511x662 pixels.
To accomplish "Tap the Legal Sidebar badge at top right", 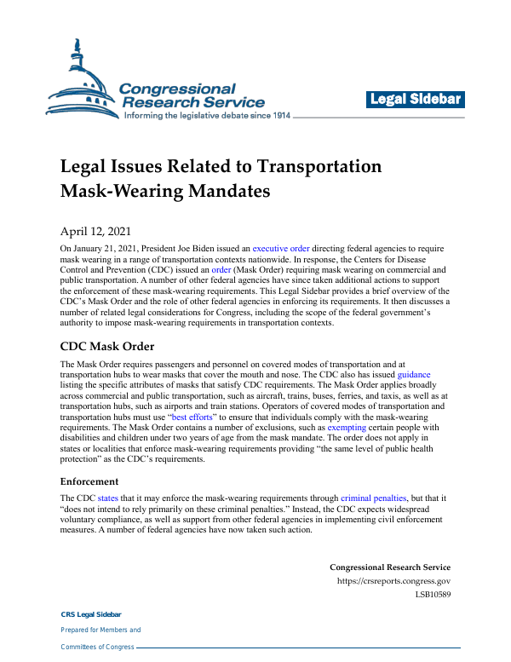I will point(416,100).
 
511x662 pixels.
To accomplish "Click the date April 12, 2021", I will point(93,231).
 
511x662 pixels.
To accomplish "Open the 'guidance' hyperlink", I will point(414,374).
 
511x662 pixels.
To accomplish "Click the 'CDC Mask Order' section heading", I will point(108,347).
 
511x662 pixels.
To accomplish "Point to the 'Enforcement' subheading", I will point(89,481).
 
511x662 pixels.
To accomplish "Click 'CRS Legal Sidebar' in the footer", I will point(90,614).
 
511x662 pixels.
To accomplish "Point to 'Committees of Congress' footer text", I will point(97,647).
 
